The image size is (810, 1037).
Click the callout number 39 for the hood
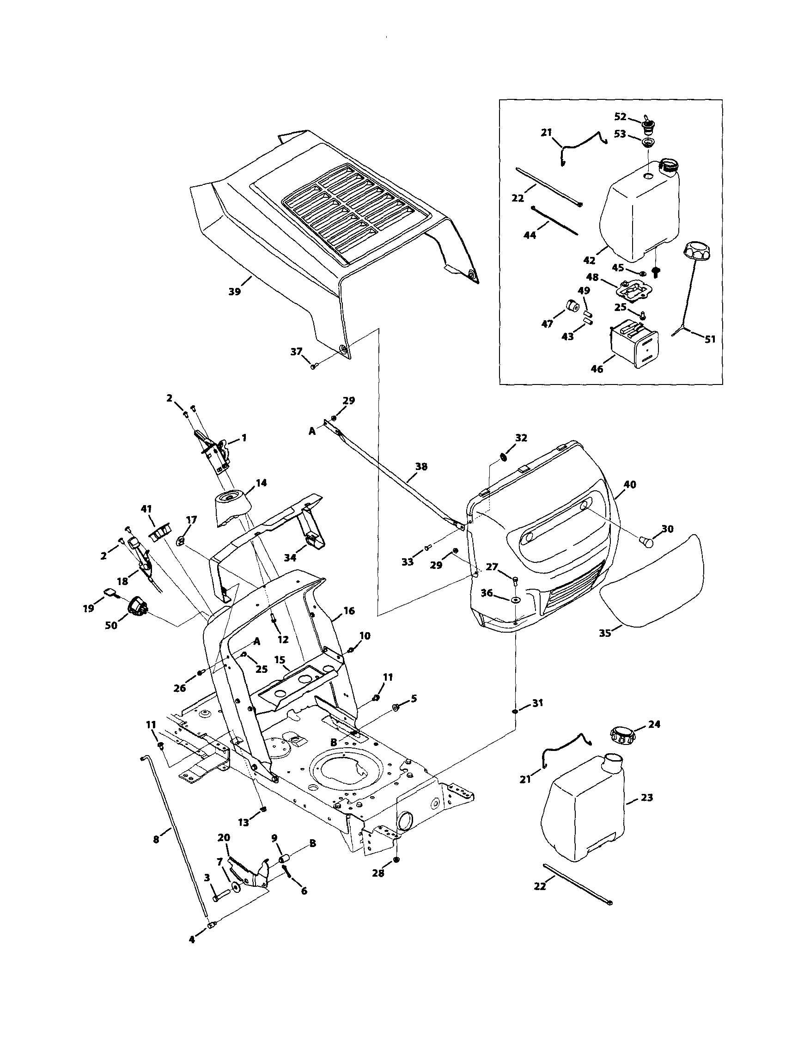(235, 292)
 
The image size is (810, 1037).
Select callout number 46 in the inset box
(597, 369)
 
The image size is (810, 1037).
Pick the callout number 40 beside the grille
(630, 485)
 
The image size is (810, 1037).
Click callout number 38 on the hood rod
(421, 467)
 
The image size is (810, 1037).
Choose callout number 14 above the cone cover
(261, 483)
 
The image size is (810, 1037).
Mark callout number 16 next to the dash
(349, 610)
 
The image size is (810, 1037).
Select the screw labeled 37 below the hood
(313, 366)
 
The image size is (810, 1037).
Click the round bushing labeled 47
(571, 306)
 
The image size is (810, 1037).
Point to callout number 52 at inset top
(620, 117)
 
